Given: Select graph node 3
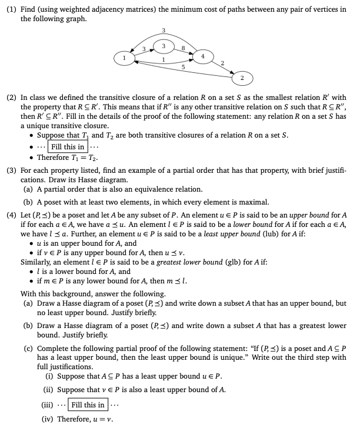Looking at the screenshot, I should point(164,46).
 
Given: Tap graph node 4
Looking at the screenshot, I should point(202,56).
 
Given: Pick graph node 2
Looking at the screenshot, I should point(242,77).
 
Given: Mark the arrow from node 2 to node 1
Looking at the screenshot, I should point(176,72).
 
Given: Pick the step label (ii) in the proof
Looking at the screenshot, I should point(50,390).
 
